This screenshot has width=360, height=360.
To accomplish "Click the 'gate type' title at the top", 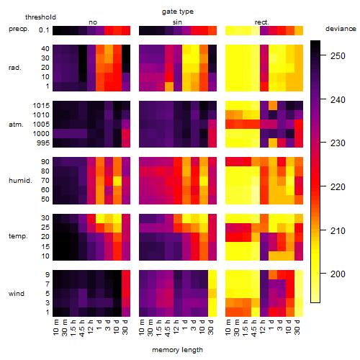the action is pos(178,12).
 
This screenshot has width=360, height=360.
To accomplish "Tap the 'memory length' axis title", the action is pos(177,350).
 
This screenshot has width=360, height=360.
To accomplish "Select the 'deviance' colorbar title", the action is pos(341,29).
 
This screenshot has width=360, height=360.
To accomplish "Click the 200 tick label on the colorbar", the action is pos(338,274).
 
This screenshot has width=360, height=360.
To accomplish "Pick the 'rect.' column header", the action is pos(262,22).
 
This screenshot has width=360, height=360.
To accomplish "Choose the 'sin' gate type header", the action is pos(177,22).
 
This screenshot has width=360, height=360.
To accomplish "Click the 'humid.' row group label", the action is pos(20,181).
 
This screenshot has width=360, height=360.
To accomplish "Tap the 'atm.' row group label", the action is pos(16,125).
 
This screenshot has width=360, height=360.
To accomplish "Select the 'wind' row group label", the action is pos(17,294).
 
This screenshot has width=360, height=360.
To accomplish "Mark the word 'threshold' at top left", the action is pos(40,17).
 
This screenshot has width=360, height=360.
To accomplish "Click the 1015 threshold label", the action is pos(41,106).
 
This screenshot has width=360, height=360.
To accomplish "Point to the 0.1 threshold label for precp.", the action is pos(44,30).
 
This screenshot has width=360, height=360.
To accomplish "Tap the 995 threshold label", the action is pos(43,143).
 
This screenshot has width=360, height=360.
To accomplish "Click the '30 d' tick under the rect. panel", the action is pos(297,327).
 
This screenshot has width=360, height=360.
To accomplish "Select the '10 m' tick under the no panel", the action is pos(55,328).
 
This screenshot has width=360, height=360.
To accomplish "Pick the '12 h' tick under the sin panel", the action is pos(176,327).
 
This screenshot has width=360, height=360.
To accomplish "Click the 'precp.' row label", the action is pos(19,29).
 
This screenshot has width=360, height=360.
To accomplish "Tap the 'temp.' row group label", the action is pos(18,236).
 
